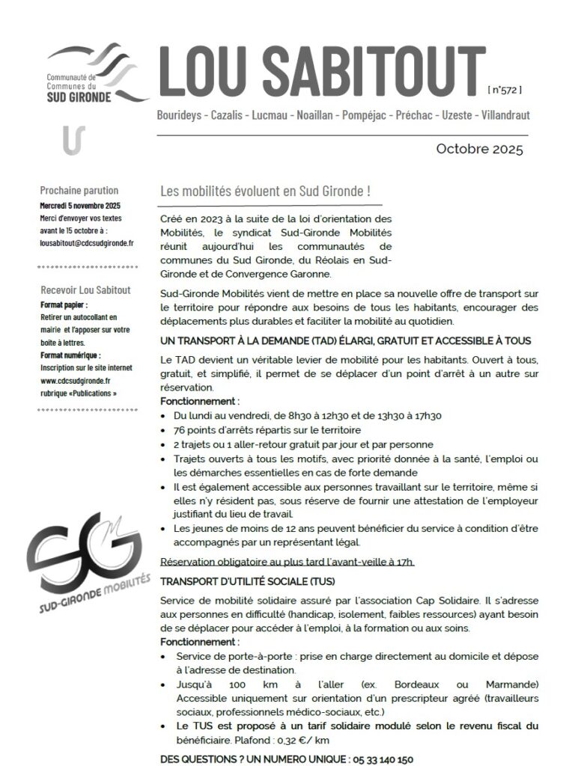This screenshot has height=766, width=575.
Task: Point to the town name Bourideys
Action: point(180,117)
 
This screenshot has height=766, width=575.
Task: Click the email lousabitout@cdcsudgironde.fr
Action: point(87,243)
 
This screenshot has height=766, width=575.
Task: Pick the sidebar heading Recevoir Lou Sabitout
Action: point(85,289)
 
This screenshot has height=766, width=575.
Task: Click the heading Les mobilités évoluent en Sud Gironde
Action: point(266,191)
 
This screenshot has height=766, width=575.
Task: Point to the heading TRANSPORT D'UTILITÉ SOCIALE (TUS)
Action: point(248,580)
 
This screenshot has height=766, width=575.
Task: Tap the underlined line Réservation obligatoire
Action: point(287,562)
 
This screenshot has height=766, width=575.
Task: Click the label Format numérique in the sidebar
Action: point(70,355)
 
